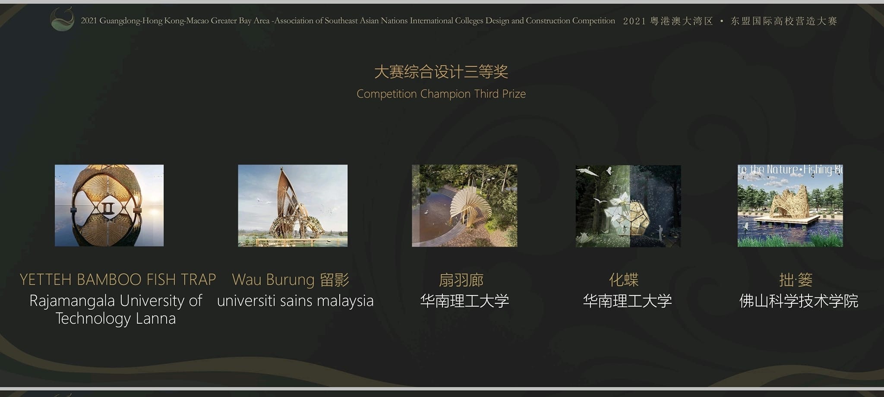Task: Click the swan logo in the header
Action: coord(62,19)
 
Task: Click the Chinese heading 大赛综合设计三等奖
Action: coord(441,72)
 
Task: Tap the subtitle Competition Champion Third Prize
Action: coord(441,94)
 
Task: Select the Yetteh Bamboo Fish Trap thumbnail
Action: coord(109,205)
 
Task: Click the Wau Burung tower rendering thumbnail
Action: coord(293,205)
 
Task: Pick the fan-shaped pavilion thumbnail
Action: coord(464,205)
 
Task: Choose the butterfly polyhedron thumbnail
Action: coord(628,206)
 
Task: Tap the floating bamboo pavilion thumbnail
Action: coord(790,205)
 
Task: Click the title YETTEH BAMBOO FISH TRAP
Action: coord(118,280)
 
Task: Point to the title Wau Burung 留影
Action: coord(290,280)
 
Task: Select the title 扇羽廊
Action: coord(461,280)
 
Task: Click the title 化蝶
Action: coord(624,280)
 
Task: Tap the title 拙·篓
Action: coord(796,280)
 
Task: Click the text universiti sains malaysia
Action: coord(295,301)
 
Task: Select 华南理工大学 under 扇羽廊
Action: coord(464,301)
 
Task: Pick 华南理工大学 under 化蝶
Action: coord(628,301)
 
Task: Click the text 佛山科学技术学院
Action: coord(799,301)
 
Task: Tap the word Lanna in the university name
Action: coord(156,318)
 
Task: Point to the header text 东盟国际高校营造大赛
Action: coord(784,21)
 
